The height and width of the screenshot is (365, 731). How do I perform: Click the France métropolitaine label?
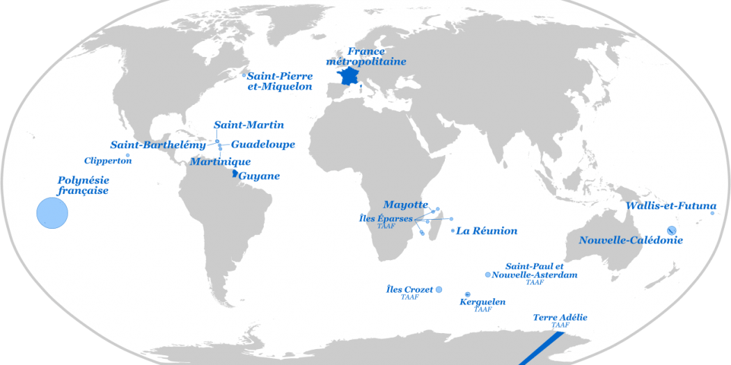[x=365, y=56]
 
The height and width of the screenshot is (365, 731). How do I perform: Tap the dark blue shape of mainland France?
[x=348, y=76]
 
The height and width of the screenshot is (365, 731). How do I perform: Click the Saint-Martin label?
[x=249, y=125]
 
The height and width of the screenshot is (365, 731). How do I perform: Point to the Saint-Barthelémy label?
[x=158, y=145]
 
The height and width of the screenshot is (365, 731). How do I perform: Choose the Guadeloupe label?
[x=262, y=145]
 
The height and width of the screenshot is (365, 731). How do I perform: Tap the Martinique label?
[x=220, y=162]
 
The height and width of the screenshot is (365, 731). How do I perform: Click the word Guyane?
[x=259, y=176]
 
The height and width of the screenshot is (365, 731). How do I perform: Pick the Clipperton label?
[x=108, y=161]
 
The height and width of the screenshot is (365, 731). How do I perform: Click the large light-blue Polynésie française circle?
[x=52, y=212]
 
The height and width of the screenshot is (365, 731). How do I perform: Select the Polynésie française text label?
[x=83, y=185]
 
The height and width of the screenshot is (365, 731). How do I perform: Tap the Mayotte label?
[x=405, y=204]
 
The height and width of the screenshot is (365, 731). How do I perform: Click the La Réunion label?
[x=487, y=231]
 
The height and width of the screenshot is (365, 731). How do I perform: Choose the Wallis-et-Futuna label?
[x=670, y=206]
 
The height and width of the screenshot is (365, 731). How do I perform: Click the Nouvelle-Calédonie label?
[x=631, y=241]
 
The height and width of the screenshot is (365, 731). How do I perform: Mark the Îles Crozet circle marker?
[x=439, y=290]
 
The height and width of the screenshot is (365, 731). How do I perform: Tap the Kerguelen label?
[x=482, y=302]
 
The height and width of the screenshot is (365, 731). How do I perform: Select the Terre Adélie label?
[x=560, y=318]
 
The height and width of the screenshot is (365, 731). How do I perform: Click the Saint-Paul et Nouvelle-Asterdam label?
[x=534, y=270]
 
